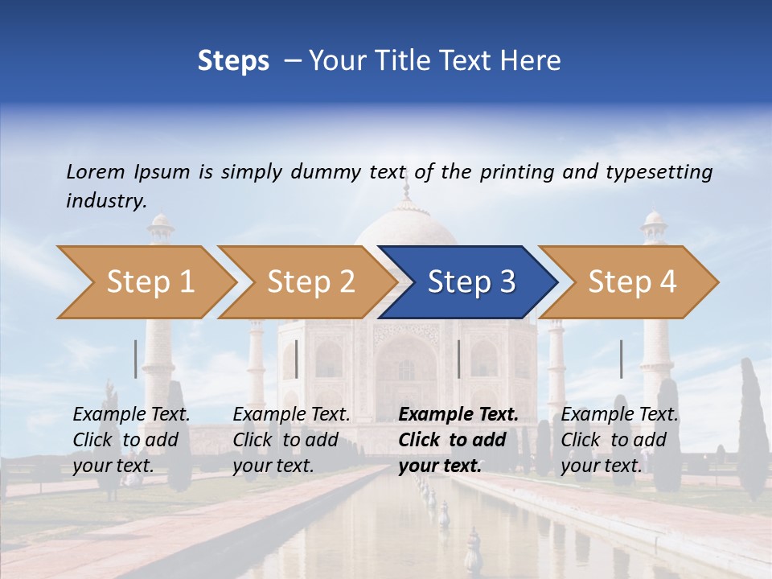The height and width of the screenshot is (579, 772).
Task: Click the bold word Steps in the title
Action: click(233, 61)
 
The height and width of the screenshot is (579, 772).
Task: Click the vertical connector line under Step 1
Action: click(136, 359)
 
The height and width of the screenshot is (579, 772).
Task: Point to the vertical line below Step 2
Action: click(297, 359)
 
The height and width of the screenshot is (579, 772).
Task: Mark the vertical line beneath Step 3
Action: click(458, 359)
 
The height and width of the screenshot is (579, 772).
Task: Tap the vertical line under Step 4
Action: click(621, 359)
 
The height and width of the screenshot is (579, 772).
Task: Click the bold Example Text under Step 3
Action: click(458, 415)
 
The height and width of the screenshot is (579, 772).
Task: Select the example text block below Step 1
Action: click(131, 440)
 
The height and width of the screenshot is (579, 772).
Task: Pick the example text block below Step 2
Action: click(291, 440)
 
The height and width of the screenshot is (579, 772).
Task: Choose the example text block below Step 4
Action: click(619, 440)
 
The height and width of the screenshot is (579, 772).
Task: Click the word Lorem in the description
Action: click(96, 172)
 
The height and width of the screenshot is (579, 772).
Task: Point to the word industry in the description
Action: click(106, 201)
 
